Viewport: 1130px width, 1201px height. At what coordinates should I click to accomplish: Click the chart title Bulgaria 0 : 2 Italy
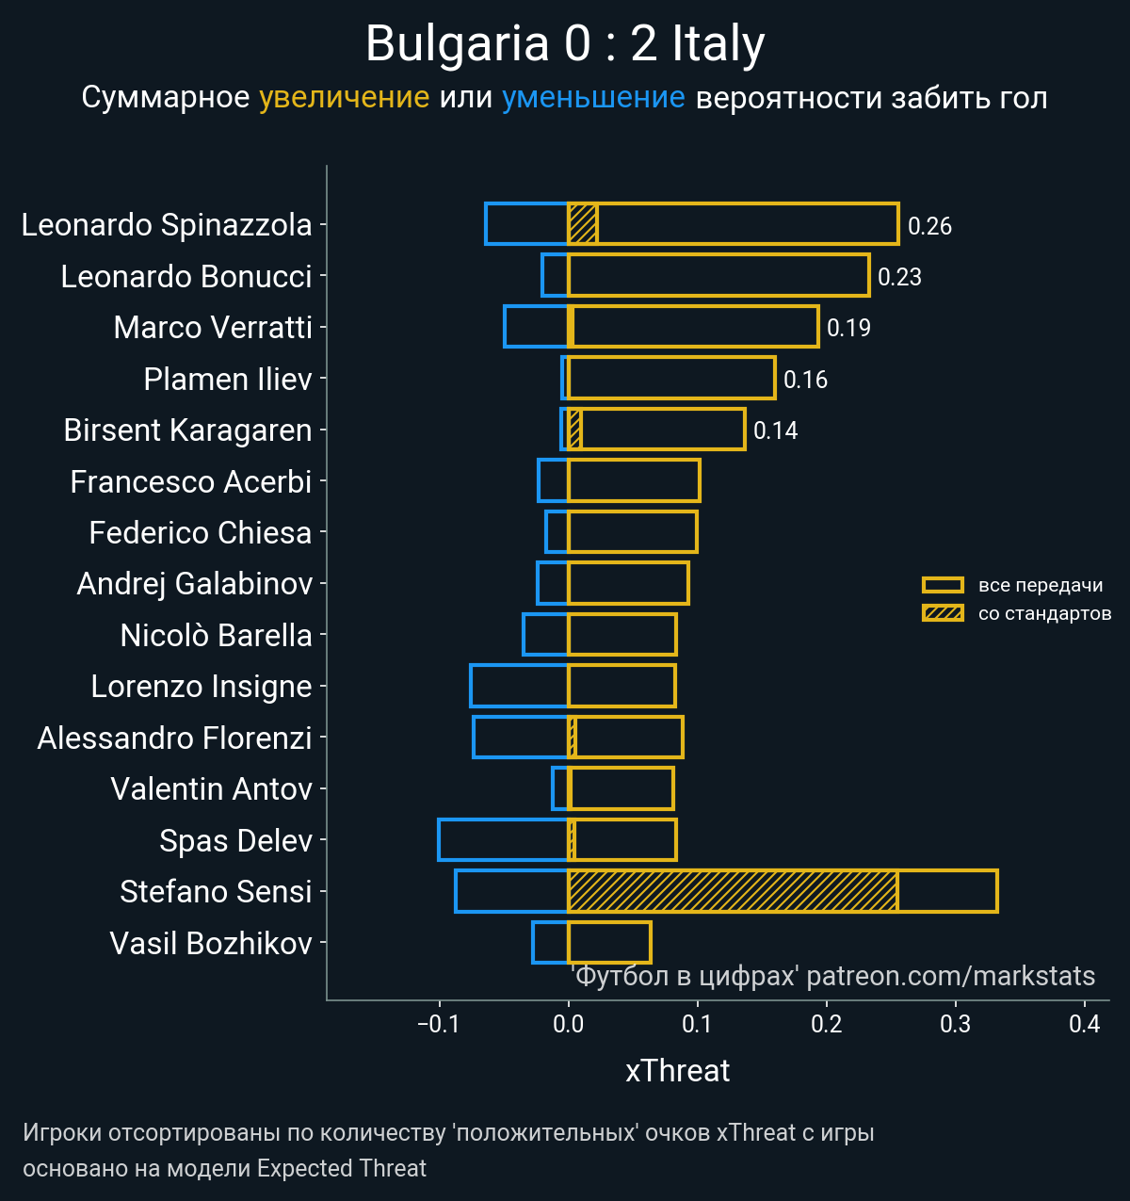coord(565,44)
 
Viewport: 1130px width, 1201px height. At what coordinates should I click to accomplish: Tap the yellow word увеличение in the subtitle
coord(344,97)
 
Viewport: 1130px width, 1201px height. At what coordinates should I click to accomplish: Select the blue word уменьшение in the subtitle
coord(593,97)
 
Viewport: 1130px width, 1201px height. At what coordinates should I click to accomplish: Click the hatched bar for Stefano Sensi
coord(733,891)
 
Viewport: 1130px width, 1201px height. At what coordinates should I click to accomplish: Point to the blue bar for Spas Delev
coord(503,840)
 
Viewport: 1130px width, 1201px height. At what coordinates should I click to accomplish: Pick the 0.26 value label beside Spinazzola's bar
coord(929,226)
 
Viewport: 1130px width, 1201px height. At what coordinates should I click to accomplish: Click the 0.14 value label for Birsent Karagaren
coord(775,430)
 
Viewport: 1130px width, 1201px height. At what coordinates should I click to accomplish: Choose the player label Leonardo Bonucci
coord(186,276)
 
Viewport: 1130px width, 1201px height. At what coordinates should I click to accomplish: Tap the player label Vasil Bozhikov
coord(211,943)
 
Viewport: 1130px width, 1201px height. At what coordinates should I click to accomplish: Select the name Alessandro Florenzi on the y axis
coord(174,738)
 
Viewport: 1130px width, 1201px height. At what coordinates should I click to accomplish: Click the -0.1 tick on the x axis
coord(438,1024)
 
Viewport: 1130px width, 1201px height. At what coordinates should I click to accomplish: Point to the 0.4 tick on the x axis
coord(1085,1024)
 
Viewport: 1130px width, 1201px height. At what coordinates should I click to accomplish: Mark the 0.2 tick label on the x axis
coord(826,1024)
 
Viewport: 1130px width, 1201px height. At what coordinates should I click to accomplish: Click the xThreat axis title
coord(677,1071)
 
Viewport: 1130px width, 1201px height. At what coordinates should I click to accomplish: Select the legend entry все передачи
coord(1040,585)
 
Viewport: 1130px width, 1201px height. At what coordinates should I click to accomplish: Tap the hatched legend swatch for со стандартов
coord(943,613)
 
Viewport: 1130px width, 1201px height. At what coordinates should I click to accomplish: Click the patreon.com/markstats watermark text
coord(951,976)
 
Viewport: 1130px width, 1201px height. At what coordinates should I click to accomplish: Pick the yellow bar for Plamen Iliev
coord(671,379)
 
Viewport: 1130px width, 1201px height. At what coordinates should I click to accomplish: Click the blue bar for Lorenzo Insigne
coord(519,686)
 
